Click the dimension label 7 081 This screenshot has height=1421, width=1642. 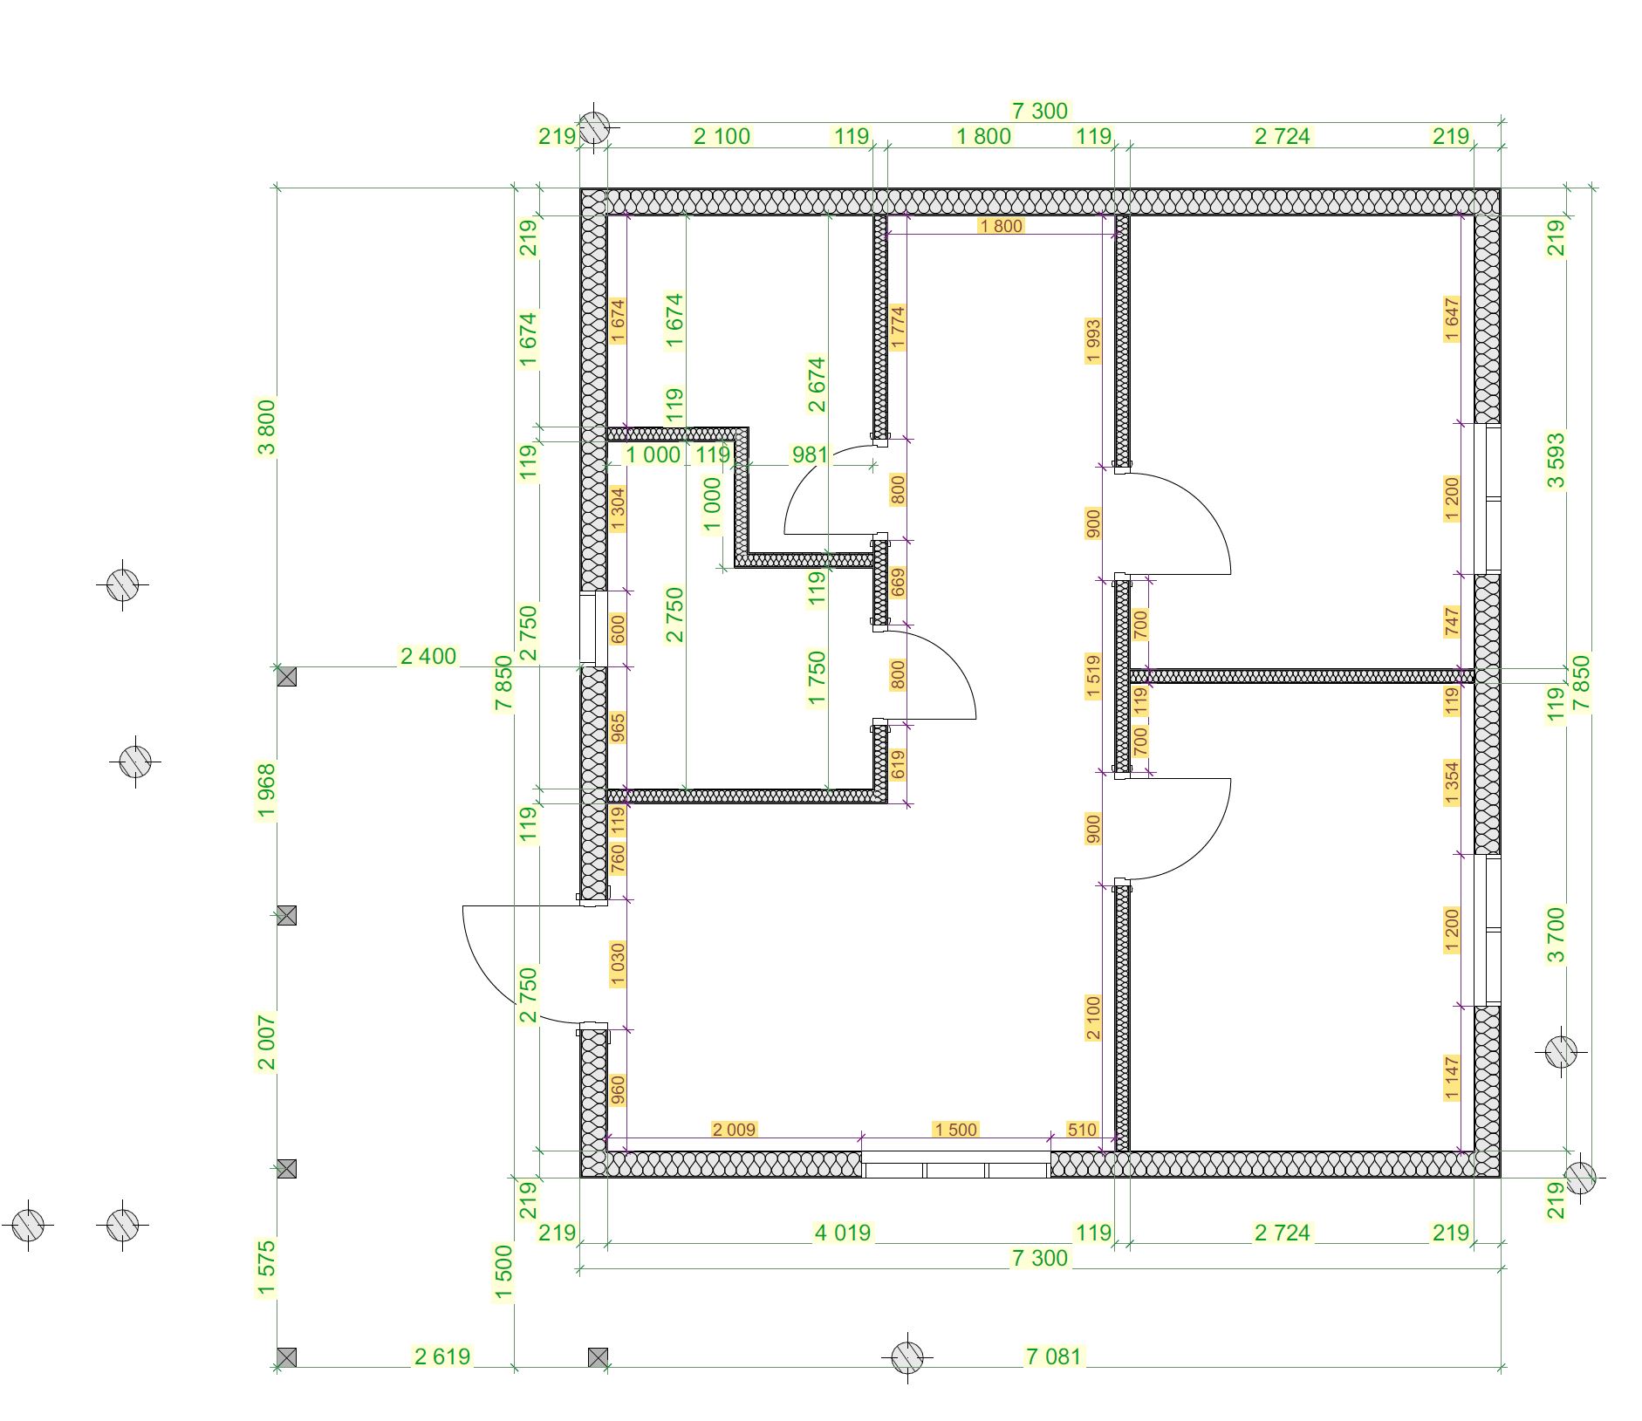coord(1053,1356)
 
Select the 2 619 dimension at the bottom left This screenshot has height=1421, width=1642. coord(442,1356)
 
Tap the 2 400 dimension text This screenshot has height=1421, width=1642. coord(428,656)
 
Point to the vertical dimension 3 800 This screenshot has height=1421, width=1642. coord(266,427)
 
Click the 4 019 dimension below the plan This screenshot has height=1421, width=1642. coord(842,1233)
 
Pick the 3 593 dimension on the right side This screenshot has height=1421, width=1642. coord(1556,461)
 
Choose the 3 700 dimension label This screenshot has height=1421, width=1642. coord(1556,935)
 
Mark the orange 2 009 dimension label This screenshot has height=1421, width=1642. coord(734,1130)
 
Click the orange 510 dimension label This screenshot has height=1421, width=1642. coord(1082,1130)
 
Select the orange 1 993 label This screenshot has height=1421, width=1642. coord(1093,341)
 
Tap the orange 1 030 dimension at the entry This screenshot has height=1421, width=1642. coord(618,964)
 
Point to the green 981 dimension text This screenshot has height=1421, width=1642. coord(810,454)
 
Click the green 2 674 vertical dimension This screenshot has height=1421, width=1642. coord(816,385)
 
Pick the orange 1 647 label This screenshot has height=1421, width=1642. coord(1452,320)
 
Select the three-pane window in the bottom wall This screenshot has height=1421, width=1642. coord(956,1165)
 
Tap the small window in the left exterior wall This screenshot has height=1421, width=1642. coord(594,628)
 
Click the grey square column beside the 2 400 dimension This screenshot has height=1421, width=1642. coord(287,676)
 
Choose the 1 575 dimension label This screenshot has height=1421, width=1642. coord(266,1268)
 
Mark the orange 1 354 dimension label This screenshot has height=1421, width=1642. coord(1452,783)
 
